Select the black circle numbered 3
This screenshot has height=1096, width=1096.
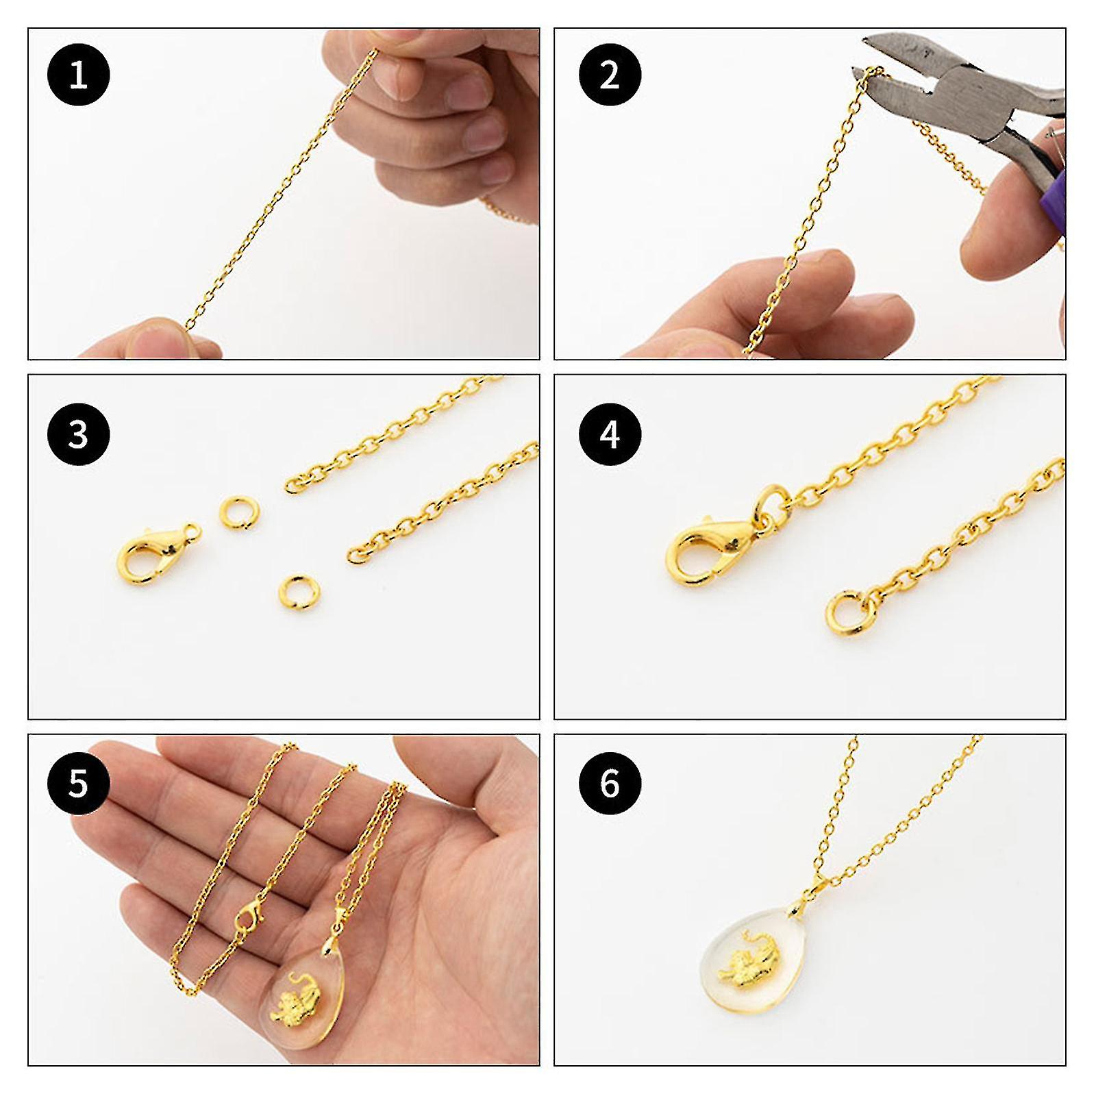(78, 435)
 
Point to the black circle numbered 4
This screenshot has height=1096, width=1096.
(610, 435)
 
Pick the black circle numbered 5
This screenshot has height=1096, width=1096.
(78, 782)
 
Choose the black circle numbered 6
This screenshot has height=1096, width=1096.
(610, 782)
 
